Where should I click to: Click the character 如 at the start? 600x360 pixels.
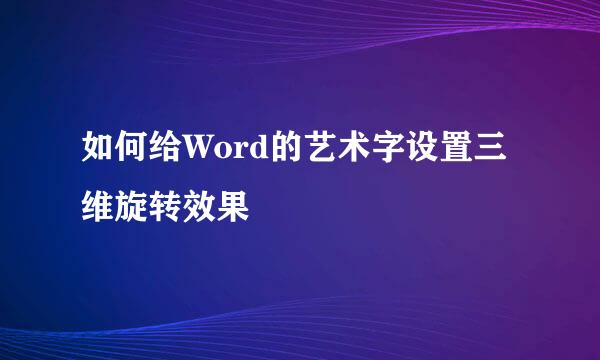99,157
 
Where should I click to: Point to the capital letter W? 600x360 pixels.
198,158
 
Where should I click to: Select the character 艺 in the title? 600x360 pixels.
312,157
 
